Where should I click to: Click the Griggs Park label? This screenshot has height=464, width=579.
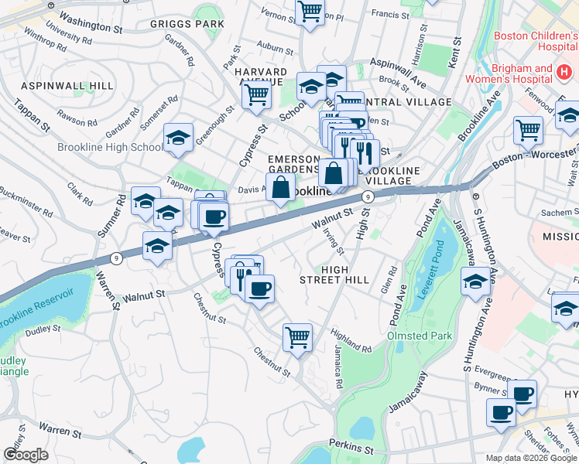click(187, 24)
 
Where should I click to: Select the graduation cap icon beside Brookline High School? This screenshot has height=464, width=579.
click(178, 138)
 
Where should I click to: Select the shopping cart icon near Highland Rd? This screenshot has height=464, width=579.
click(297, 337)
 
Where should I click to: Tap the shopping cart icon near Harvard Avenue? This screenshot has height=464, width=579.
click(255, 95)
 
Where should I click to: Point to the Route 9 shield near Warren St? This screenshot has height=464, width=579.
click(115, 260)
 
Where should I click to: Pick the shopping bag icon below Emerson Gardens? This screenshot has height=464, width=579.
click(280, 186)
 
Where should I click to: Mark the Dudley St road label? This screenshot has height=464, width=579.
click(43, 329)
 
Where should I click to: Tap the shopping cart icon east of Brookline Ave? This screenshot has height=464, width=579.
click(528, 129)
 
